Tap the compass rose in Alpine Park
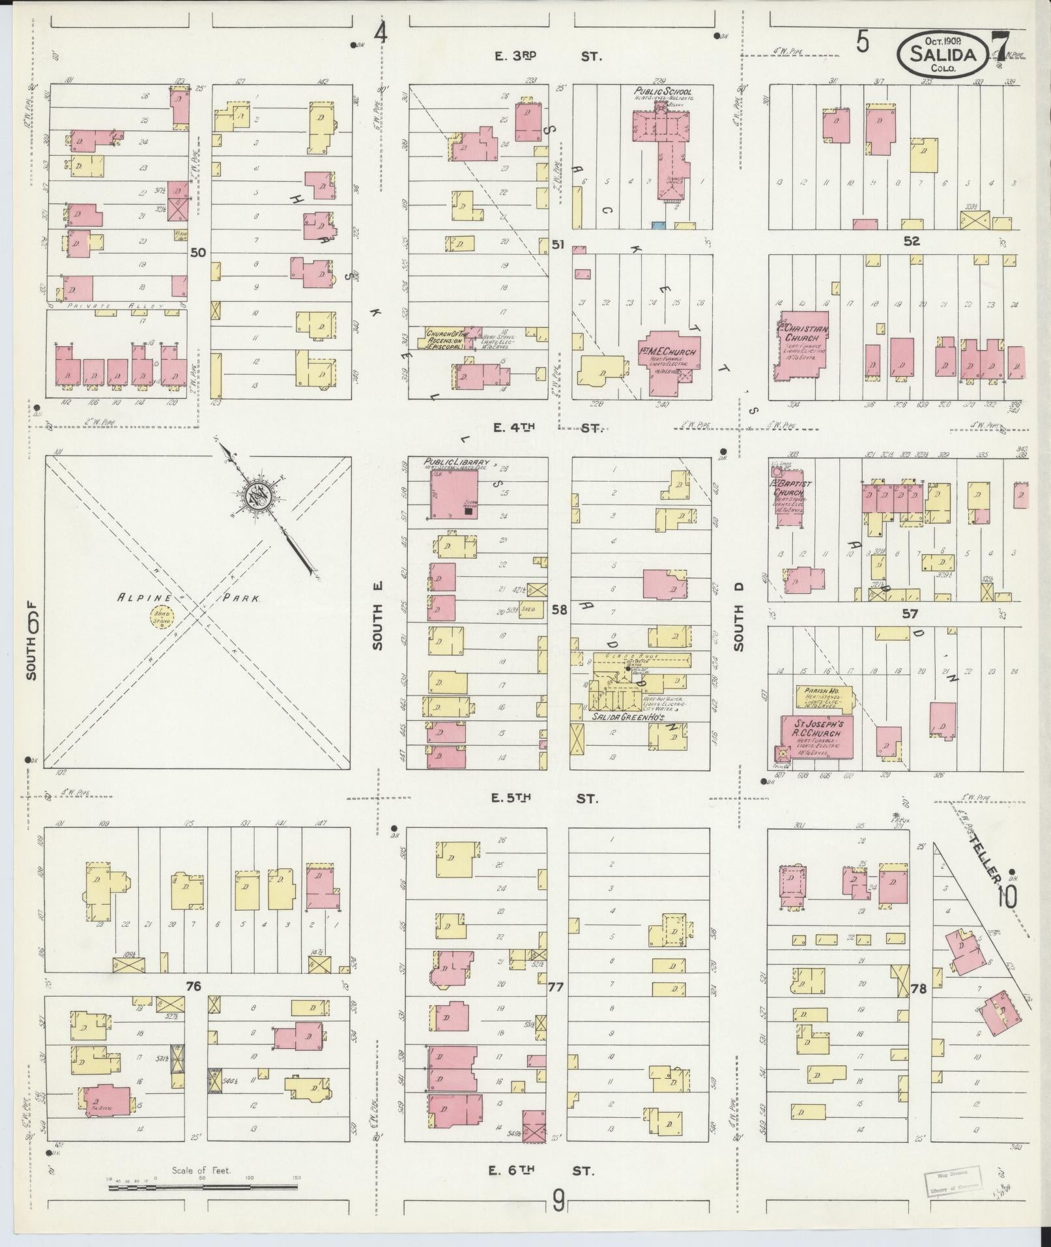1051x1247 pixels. pyautogui.click(x=258, y=497)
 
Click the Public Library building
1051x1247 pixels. pyautogui.click(x=454, y=493)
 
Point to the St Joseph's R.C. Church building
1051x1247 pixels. pyautogui.click(x=817, y=737)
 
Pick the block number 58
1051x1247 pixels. pyautogui.click(x=559, y=609)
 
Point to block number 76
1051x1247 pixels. pyautogui.click(x=193, y=1005)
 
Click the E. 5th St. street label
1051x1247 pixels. pyautogui.click(x=545, y=798)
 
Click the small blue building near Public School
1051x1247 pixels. pyautogui.click(x=658, y=225)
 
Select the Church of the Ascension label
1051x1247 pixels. pyautogui.click(x=444, y=340)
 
